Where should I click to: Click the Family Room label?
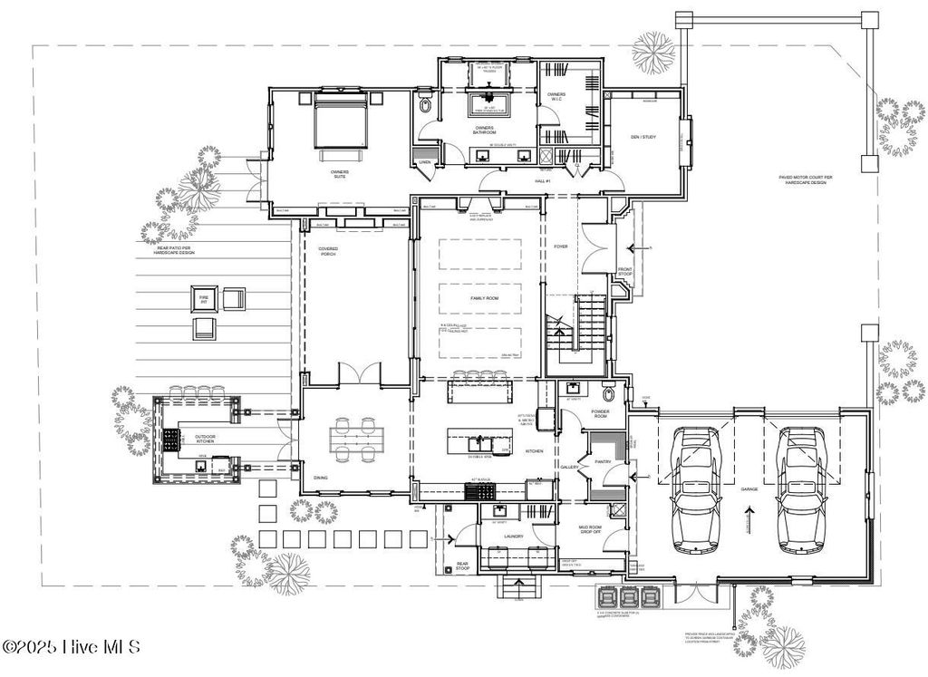point(483,298)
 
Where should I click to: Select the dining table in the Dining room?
point(354,440)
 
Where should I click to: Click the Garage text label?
point(749,489)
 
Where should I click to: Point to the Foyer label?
point(560,246)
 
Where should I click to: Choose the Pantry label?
point(604,461)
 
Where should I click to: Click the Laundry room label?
point(514,537)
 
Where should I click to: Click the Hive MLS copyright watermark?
point(72,647)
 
